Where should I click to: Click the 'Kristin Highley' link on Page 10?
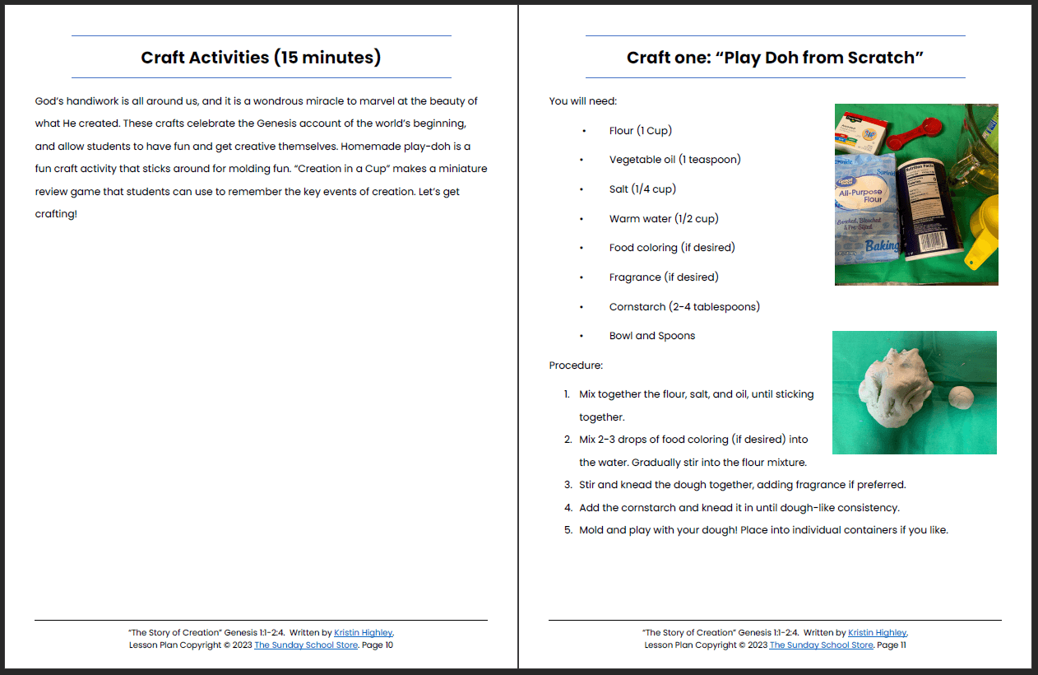pyautogui.click(x=364, y=633)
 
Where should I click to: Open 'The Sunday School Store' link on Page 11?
pyautogui.click(x=821, y=645)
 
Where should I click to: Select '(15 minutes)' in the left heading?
pyautogui.click(x=328, y=58)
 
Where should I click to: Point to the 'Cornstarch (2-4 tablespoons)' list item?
pyautogui.click(x=684, y=307)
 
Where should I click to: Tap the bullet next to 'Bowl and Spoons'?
pyautogui.click(x=582, y=336)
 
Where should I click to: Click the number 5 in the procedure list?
pyautogui.click(x=568, y=530)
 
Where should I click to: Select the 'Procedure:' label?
pyautogui.click(x=576, y=365)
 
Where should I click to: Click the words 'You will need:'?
pyautogui.click(x=582, y=101)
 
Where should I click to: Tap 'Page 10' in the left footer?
pyautogui.click(x=378, y=645)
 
